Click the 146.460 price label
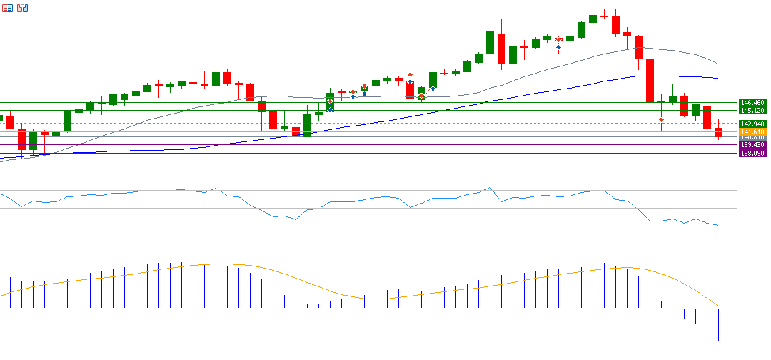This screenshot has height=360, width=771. pyautogui.click(x=752, y=103)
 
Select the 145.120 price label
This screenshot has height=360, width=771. pyautogui.click(x=752, y=110)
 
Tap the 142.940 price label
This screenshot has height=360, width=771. pyautogui.click(x=752, y=124)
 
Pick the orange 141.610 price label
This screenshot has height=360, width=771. pyautogui.click(x=752, y=132)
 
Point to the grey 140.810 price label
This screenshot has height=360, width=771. pyautogui.click(x=752, y=137)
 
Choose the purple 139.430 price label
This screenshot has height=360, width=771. pyautogui.click(x=752, y=145)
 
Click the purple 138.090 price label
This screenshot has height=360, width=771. pyautogui.click(x=752, y=154)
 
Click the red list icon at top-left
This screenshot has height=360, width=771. pyautogui.click(x=6, y=8)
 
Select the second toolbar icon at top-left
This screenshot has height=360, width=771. pyautogui.click(x=22, y=8)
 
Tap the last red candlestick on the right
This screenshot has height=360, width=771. pyautogui.click(x=718, y=132)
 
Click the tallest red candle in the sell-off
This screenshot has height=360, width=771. pyautogui.click(x=650, y=81)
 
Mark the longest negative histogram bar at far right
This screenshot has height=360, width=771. pyautogui.click(x=718, y=324)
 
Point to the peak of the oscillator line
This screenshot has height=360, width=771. pyautogui.click(x=489, y=188)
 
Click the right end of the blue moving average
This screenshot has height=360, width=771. pyautogui.click(x=717, y=78)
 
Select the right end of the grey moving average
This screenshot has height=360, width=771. pyautogui.click(x=717, y=64)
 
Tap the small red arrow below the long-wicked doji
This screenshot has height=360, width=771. pyautogui.click(x=662, y=119)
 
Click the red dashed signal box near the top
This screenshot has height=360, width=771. pyautogui.click(x=559, y=39)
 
